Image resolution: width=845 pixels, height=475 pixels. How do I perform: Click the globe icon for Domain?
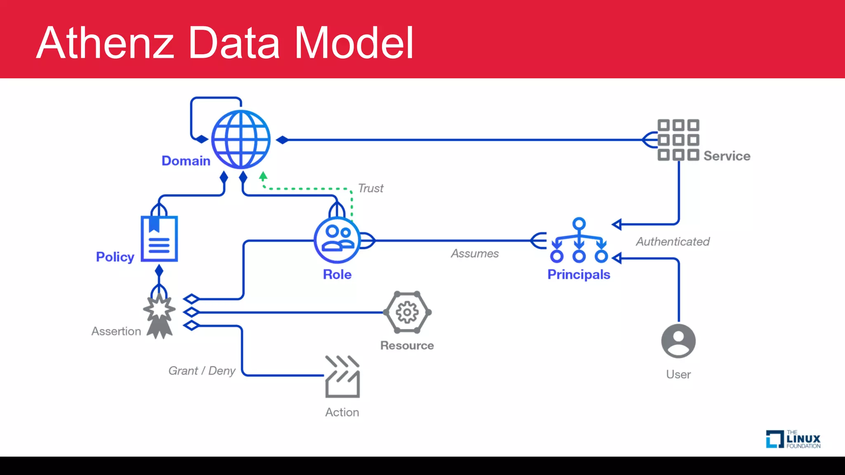pos(241,139)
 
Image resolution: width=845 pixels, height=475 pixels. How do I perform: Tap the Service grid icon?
pos(678,140)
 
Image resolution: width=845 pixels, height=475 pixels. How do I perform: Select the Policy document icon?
pos(159,239)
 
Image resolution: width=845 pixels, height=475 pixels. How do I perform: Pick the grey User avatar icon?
pos(678,341)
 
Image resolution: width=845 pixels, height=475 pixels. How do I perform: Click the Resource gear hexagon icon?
pos(407,313)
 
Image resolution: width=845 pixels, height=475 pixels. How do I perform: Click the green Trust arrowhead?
pos(263,176)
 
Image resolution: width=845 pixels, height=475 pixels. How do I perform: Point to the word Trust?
pos(371,188)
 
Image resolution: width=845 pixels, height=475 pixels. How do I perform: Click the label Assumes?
pos(474,253)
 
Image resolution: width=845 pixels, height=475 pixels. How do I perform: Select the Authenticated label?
pos(673,242)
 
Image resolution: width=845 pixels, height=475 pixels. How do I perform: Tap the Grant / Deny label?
pos(202,371)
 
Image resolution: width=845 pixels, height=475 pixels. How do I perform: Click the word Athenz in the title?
pos(106,43)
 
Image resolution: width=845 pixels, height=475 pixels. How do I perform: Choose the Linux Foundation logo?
pos(793,440)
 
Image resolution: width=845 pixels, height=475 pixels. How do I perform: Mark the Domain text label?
pos(186,161)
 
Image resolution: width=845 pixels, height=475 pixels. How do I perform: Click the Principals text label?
pos(578,275)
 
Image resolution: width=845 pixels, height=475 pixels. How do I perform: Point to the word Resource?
pos(407,346)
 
